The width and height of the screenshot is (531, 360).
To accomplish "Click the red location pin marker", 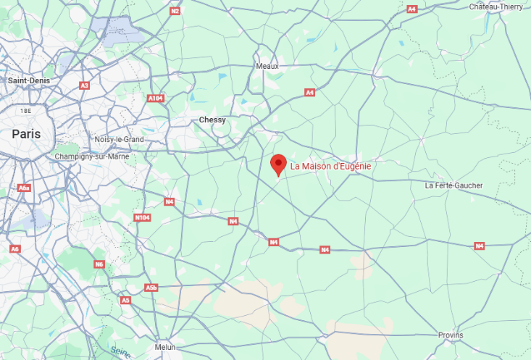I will (x=277, y=164).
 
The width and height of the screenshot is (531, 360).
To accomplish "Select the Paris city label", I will (x=26, y=134).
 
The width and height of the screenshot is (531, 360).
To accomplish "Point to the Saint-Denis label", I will (x=28, y=80).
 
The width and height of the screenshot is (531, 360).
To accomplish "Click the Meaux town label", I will (x=267, y=66).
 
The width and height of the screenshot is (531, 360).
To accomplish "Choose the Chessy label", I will (x=212, y=120).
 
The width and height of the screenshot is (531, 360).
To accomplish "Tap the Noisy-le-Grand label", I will (x=120, y=139).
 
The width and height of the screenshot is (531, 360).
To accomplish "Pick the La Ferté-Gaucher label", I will (x=453, y=185).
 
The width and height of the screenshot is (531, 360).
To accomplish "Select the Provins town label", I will (x=451, y=335).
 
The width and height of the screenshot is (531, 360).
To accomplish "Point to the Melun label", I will (x=165, y=348).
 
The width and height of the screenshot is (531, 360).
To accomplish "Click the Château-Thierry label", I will (x=496, y=7).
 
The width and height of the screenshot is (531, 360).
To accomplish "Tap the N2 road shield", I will (x=175, y=11).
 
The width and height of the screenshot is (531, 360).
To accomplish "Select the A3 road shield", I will (x=85, y=85).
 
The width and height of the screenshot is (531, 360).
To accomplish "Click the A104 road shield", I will (x=155, y=98).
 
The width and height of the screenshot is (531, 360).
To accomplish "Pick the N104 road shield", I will (x=142, y=217).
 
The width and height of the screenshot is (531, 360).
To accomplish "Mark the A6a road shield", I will (x=25, y=188).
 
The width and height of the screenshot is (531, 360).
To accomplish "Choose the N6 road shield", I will (x=100, y=264).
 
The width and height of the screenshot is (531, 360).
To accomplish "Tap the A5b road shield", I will (x=151, y=288).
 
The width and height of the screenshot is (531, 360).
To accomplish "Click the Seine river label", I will (x=121, y=351).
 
